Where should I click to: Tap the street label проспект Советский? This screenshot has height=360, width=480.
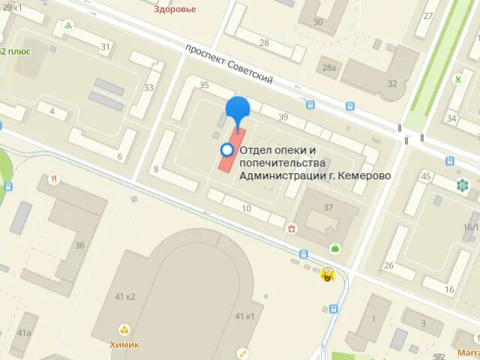pos(229,64)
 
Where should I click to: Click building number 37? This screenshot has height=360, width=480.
pos(328,208)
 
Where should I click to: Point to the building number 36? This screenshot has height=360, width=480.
pos(79,245)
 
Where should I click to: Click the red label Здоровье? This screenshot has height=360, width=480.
pos(174,10)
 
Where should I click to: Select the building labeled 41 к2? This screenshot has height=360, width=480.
pos(124,296)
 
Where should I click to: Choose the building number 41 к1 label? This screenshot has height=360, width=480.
pos(244,316)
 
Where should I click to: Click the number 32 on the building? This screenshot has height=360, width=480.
pos(391,83)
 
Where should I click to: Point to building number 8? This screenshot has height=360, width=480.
pos(156,169)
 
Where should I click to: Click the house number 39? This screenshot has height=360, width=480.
pos(283,117)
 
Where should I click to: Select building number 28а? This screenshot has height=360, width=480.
pos(328,68)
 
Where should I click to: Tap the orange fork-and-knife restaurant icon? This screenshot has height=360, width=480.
pos(54,179)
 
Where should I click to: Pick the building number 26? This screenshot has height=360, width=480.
pos(388,265)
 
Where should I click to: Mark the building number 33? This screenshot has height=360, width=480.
pos(148,88)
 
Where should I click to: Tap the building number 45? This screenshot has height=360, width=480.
pos(426,176)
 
